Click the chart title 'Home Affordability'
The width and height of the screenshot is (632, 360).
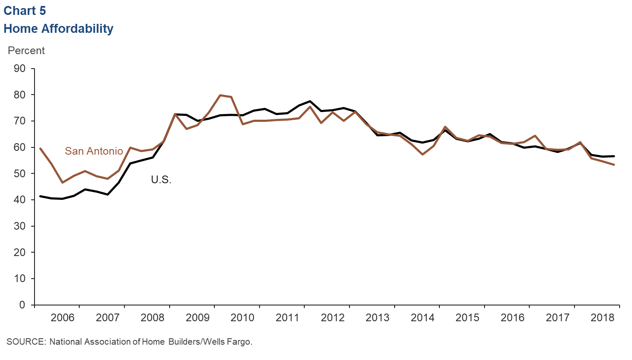[x=58, y=29]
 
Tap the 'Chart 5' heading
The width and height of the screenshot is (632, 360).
[x=25, y=11]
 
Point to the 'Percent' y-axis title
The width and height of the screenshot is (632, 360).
[x=26, y=50]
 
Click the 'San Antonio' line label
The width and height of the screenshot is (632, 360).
[x=94, y=151]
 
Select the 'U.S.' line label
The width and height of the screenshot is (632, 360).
[x=161, y=179]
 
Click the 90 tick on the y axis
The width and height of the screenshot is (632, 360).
[x=20, y=69]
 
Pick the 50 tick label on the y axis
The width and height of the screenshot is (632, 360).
[x=20, y=173]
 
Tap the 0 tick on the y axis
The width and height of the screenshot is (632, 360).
[x=22, y=305]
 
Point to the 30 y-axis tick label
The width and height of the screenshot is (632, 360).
[x=20, y=226]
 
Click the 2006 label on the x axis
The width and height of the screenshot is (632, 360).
[x=62, y=317]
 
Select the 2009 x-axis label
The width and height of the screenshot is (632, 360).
[x=197, y=317]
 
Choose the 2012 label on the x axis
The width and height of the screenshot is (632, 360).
[x=332, y=317]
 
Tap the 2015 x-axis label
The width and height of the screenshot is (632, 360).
[x=468, y=317]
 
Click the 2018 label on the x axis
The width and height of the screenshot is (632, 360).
[x=603, y=317]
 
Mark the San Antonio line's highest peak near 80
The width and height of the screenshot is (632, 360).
[x=220, y=95]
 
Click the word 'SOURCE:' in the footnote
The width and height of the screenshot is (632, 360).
[x=26, y=342]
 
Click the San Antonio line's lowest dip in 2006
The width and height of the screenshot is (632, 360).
[x=63, y=182]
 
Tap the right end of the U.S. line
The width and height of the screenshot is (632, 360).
[x=614, y=156]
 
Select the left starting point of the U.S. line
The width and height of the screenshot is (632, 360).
[x=40, y=196]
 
